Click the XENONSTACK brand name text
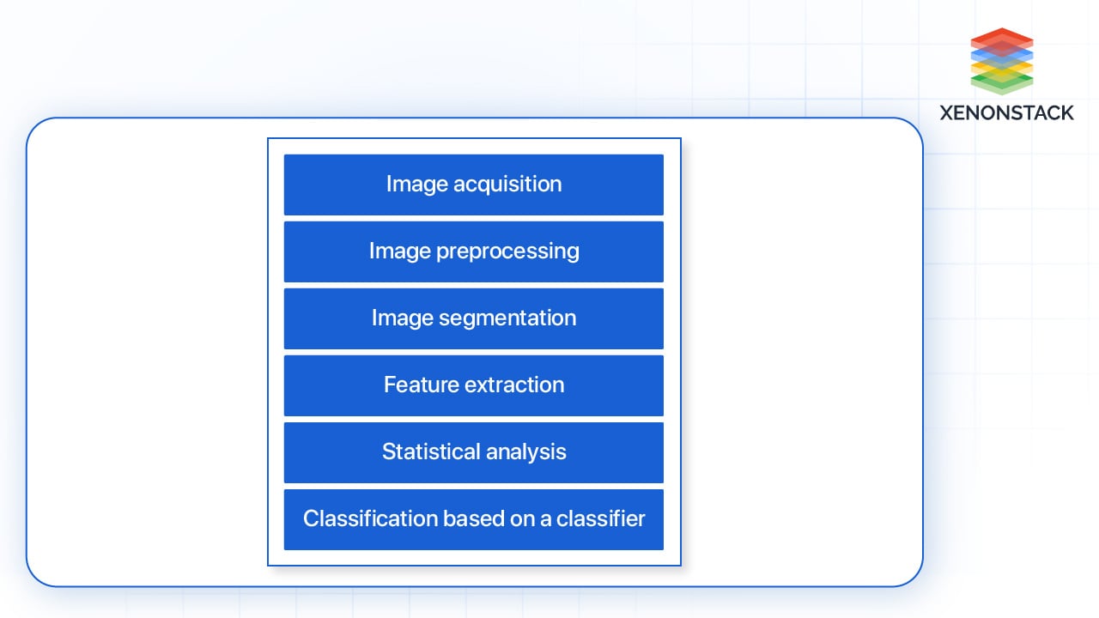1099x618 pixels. (x=1006, y=112)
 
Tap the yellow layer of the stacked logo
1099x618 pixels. (x=1001, y=67)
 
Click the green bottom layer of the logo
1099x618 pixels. (x=1001, y=82)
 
